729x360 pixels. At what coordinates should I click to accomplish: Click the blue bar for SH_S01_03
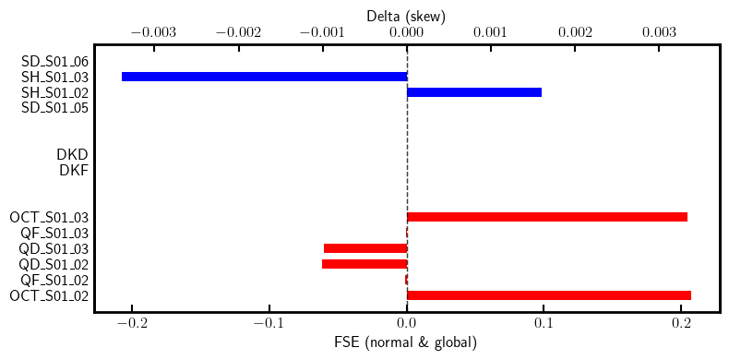tap(264, 77)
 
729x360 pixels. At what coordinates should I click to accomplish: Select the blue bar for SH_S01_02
tap(474, 92)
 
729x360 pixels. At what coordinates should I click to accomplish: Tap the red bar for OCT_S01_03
tap(546, 217)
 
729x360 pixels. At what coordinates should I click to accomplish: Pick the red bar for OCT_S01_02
tap(548, 295)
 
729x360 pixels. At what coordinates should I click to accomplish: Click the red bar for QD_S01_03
tap(365, 248)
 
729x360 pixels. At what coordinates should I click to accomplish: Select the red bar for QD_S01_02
tap(364, 264)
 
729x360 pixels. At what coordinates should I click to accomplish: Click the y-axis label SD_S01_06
tap(55, 61)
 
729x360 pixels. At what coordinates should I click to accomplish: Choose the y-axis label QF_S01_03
tap(55, 234)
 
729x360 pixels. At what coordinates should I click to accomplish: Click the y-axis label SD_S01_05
tap(55, 108)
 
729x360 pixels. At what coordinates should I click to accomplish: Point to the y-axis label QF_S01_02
tap(55, 280)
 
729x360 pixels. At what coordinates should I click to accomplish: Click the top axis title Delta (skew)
tap(406, 15)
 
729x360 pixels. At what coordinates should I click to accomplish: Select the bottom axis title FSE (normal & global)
tap(406, 343)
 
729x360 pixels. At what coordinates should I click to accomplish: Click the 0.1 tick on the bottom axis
tap(544, 325)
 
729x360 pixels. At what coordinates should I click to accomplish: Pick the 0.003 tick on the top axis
tap(660, 31)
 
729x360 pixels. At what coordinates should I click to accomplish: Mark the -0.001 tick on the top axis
tap(318, 31)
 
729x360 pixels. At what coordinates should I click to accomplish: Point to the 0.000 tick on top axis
tap(406, 31)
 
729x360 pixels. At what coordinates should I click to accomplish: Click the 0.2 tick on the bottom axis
tap(681, 325)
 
